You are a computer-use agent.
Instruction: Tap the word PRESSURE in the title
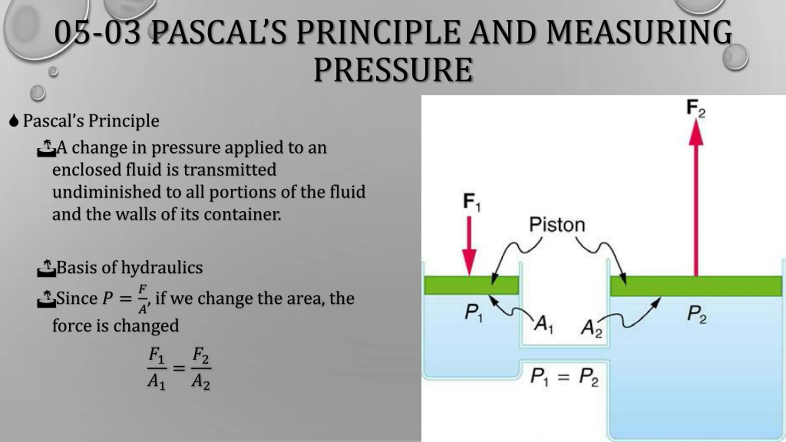point(393,70)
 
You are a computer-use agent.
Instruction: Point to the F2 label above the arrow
point(696,108)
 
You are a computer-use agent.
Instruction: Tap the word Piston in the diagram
point(557,224)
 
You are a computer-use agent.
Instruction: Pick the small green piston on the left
point(472,285)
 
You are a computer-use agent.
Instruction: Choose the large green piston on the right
point(696,286)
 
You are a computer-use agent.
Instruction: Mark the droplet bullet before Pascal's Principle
point(14,121)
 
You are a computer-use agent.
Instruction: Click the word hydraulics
point(162,267)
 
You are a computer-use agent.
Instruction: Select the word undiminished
point(107,192)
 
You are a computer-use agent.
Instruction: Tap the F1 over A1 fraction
point(157,368)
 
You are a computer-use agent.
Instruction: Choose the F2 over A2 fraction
point(201,368)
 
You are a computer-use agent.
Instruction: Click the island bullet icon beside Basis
point(46,268)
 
